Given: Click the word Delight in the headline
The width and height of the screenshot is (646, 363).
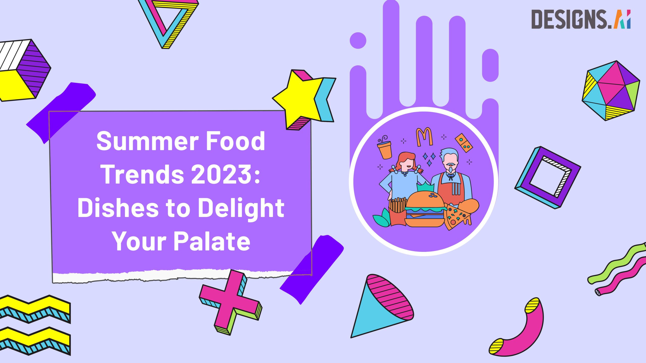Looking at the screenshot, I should pyautogui.click(x=241, y=208).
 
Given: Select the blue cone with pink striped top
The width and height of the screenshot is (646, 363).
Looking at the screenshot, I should pyautogui.click(x=379, y=310).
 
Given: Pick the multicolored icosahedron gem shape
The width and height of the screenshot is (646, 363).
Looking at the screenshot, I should pyautogui.click(x=611, y=91).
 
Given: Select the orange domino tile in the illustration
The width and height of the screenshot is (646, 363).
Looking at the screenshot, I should pyautogui.click(x=464, y=143).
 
